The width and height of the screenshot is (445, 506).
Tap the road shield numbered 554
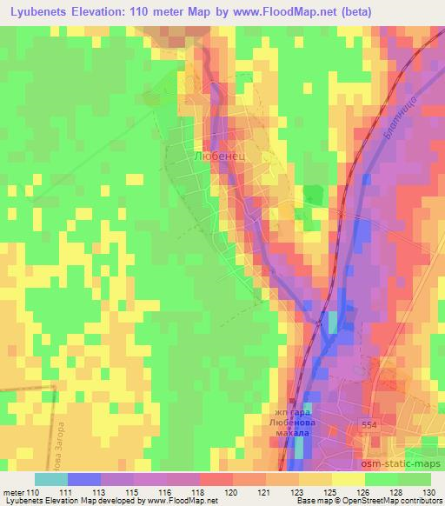[x=369, y=423]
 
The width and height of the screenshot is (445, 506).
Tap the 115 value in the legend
[x=132, y=492]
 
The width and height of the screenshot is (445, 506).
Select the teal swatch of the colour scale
[x=51, y=479]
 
